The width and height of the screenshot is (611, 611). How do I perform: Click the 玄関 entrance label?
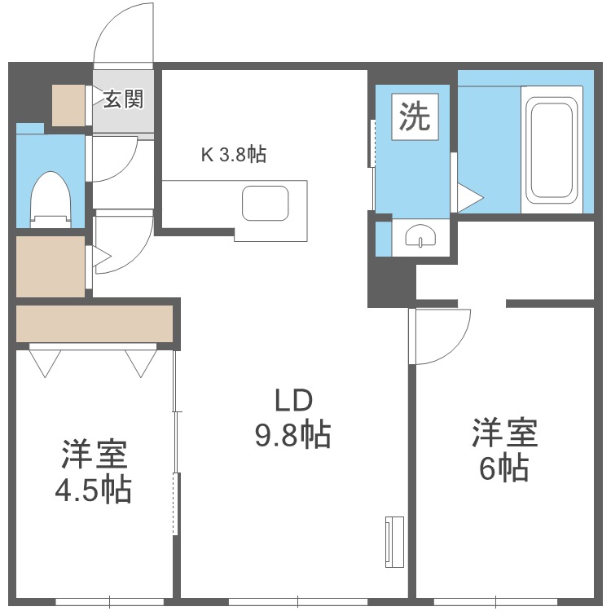(x=123, y=99)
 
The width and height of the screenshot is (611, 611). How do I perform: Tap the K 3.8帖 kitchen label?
(x=234, y=155)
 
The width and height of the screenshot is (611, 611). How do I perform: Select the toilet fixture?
(x=51, y=197)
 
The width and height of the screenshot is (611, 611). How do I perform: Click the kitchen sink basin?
(x=266, y=202)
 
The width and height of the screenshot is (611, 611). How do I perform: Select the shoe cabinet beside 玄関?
(x=68, y=104)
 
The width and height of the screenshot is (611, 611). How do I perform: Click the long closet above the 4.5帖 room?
(x=95, y=323)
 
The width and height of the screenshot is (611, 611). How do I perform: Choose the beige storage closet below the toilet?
(x=51, y=266)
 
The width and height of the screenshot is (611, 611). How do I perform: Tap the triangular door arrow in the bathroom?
(x=469, y=196)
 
